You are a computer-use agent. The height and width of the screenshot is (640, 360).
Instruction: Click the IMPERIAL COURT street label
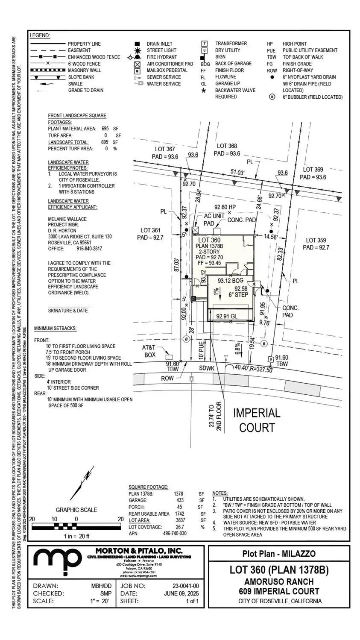click(x=257, y=420)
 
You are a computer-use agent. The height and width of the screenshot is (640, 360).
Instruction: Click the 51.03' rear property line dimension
click(x=237, y=172)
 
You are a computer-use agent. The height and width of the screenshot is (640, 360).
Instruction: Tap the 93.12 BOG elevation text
click(x=230, y=281)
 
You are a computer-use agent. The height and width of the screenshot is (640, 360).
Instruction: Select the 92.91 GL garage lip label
click(x=227, y=317)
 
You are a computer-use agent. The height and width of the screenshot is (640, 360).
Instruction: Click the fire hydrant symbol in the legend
click(x=137, y=57)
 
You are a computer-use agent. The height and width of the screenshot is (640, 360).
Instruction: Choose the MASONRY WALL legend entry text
click(x=85, y=70)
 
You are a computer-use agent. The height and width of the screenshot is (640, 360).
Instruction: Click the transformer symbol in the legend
click(x=205, y=44)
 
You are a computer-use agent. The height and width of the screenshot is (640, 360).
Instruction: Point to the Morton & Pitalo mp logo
click(x=58, y=560)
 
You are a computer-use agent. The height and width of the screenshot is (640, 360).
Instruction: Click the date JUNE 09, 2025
click(x=181, y=593)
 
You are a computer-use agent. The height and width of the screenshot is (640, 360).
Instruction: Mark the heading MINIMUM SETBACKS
click(x=55, y=328)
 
